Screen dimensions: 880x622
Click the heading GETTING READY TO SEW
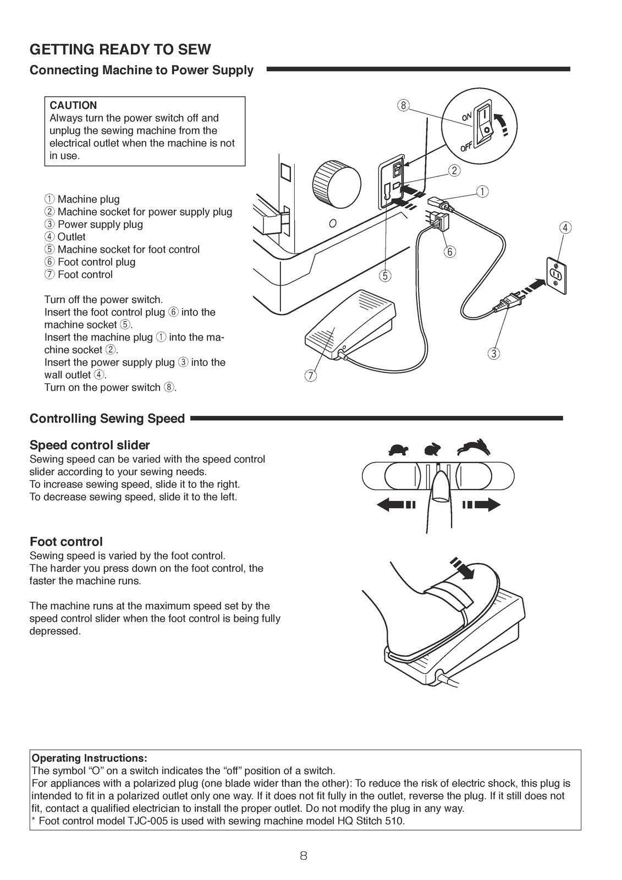(x=120, y=50)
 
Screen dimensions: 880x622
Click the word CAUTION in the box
(x=73, y=105)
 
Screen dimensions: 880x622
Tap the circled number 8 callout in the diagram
(x=404, y=106)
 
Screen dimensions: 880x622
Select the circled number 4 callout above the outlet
(x=565, y=227)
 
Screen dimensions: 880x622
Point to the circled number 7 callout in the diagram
(x=310, y=376)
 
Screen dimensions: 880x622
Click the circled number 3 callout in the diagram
(x=493, y=353)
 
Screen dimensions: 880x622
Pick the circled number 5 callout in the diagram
(x=386, y=276)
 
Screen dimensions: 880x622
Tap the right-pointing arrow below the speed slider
(x=481, y=504)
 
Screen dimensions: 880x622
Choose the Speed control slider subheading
(x=90, y=445)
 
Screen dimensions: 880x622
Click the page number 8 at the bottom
(x=304, y=855)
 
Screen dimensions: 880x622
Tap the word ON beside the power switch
(x=466, y=116)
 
